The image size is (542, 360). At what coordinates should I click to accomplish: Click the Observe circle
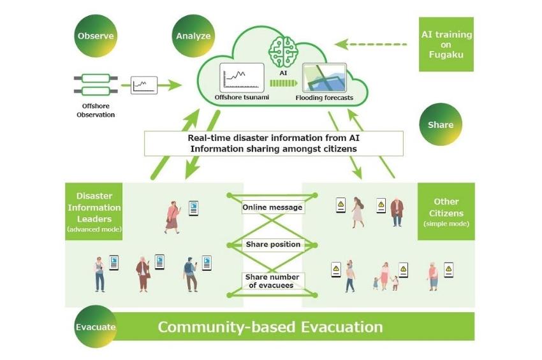click(96, 36)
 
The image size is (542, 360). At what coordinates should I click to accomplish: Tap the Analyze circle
click(193, 36)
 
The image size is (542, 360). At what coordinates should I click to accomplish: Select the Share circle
click(441, 124)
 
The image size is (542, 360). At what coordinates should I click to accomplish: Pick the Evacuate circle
click(96, 327)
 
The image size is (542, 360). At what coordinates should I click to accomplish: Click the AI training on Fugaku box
click(446, 45)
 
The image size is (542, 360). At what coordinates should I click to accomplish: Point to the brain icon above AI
click(284, 52)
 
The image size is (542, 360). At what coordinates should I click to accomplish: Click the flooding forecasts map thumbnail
click(324, 78)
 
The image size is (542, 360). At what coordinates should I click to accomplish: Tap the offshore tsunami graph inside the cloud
click(242, 78)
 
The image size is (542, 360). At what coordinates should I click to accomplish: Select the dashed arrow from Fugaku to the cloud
click(371, 44)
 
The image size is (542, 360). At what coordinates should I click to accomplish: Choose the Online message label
click(272, 207)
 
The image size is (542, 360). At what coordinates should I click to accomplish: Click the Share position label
click(273, 244)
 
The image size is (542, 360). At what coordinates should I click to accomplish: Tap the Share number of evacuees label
click(272, 281)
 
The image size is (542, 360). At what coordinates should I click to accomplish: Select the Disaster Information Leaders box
click(94, 212)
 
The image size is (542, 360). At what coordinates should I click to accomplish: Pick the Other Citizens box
click(446, 212)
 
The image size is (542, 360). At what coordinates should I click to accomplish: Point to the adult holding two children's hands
click(385, 277)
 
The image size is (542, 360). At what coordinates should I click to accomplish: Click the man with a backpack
click(190, 275)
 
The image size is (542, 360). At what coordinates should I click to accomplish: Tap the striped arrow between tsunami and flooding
click(284, 83)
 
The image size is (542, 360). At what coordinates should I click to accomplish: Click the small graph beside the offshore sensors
click(144, 85)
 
